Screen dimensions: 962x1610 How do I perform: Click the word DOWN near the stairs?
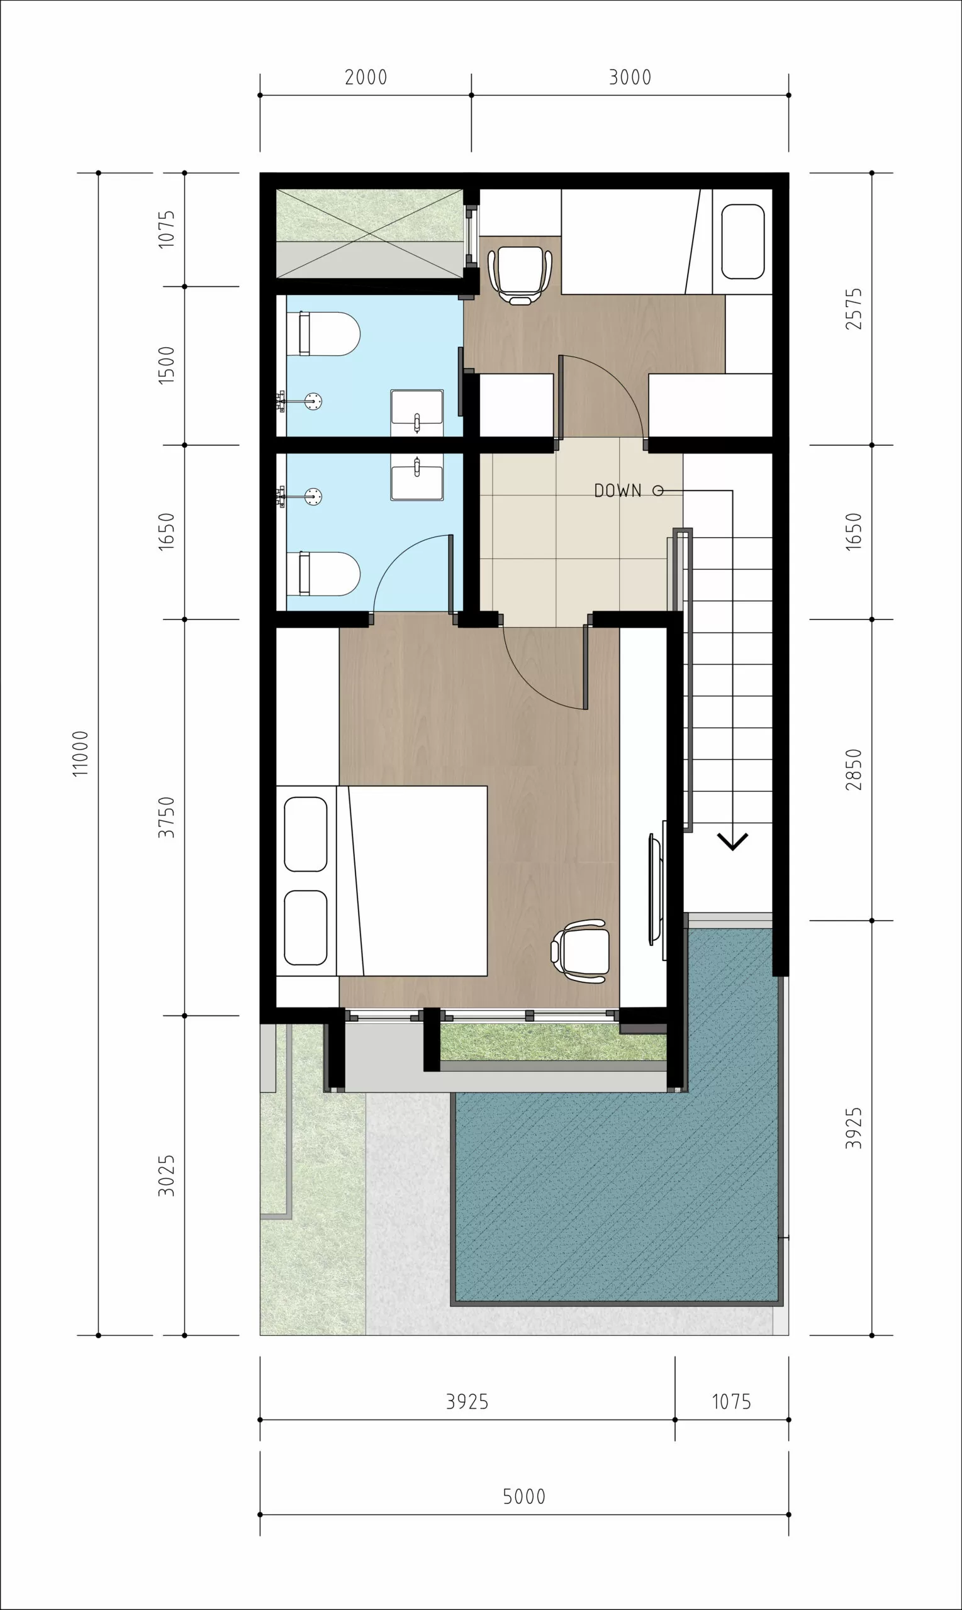618,491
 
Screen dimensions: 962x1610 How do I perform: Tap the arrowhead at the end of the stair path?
732,841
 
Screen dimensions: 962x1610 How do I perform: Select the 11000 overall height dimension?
81,753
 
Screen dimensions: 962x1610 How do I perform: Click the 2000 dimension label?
366,78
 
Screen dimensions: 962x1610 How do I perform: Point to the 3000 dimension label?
629,78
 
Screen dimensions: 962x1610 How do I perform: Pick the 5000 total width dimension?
524,1497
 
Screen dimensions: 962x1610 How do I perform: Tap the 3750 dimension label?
167,817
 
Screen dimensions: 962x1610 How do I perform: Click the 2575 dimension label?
854,309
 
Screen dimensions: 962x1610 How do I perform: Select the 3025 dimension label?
167,1175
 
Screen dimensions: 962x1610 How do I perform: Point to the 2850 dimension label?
854,770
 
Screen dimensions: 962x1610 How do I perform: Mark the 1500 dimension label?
167,365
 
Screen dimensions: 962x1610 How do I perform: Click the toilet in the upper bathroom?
329,334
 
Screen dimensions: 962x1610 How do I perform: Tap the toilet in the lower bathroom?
329,574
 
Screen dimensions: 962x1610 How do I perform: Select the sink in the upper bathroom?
417,413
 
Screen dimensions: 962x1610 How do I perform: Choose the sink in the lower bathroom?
417,477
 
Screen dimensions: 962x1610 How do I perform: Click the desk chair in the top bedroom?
520,275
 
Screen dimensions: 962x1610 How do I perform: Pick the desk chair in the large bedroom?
580,951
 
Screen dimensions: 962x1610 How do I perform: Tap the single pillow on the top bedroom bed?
743,241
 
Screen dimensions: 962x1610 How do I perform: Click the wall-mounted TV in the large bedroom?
656,889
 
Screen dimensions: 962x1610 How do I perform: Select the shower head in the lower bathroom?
313,497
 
